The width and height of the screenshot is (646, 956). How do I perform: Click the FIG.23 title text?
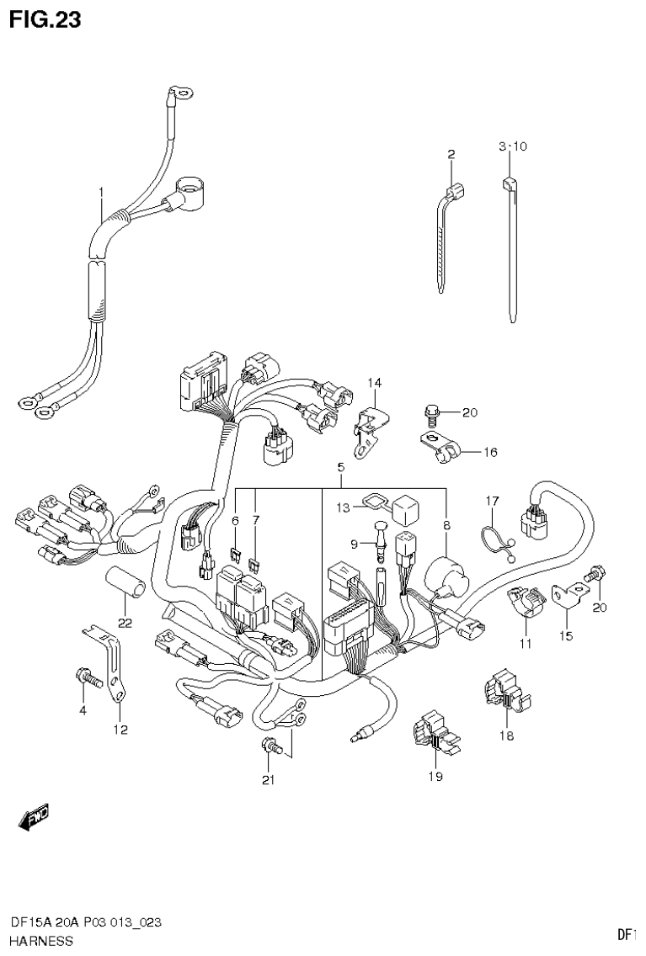[45, 19]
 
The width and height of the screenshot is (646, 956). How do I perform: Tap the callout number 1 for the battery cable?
[101, 193]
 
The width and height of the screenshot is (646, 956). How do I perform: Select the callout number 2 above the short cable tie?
[451, 154]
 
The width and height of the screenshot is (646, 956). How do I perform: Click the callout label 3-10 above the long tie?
[512, 146]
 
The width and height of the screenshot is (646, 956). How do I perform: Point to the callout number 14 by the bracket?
[374, 384]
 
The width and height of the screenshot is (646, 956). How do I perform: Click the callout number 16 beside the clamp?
[490, 452]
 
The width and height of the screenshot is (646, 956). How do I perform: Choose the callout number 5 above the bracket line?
[341, 467]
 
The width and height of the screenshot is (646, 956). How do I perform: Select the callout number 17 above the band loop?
[492, 502]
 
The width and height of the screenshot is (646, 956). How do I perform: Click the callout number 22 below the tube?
[125, 623]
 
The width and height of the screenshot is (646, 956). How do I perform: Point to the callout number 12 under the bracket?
[121, 730]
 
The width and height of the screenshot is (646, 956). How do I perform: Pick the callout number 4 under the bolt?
[83, 711]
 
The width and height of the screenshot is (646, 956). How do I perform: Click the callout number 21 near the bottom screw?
[268, 780]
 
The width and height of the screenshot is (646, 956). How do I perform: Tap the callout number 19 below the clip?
[435, 777]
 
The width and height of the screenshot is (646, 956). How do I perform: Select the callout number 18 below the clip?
[506, 735]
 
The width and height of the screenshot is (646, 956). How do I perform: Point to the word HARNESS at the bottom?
[41, 941]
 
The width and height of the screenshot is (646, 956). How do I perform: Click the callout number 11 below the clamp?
[526, 644]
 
